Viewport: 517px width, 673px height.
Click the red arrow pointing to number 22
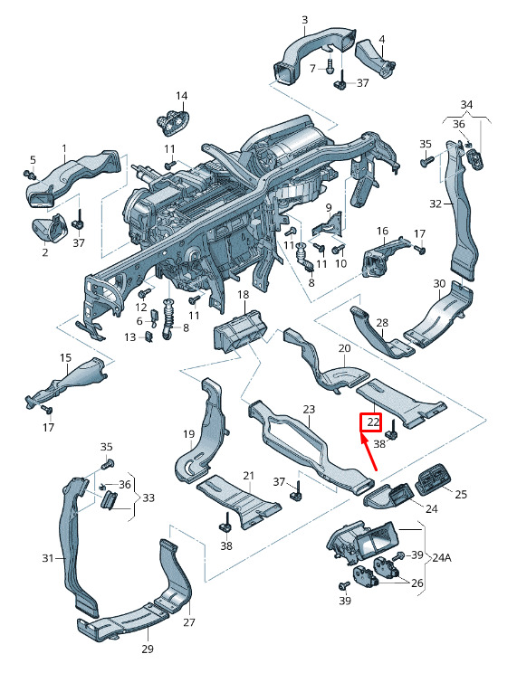pyautogui.click(x=369, y=453)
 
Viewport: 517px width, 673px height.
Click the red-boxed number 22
pyautogui.click(x=371, y=422)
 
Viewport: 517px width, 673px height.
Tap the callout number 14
pyautogui.click(x=182, y=95)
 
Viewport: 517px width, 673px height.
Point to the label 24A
pyautogui.click(x=441, y=558)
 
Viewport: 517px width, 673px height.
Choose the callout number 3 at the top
pyautogui.click(x=305, y=20)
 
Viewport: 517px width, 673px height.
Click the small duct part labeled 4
pyautogui.click(x=375, y=59)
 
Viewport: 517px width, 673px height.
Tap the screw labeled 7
pyautogui.click(x=330, y=67)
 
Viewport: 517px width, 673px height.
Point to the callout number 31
pyautogui.click(x=48, y=558)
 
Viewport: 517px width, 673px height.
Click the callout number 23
pyautogui.click(x=309, y=410)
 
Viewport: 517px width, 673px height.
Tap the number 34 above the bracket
pyautogui.click(x=466, y=104)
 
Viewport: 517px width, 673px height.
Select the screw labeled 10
pyautogui.click(x=339, y=249)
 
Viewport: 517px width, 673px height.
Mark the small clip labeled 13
pyautogui.click(x=149, y=336)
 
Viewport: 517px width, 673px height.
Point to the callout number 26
pyautogui.click(x=416, y=583)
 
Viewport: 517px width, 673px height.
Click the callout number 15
pyautogui.click(x=65, y=357)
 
